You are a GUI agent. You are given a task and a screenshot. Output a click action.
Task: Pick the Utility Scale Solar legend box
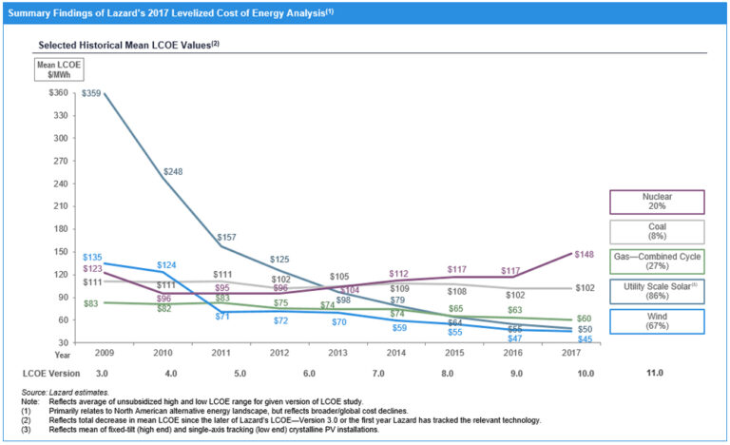coord(657,292)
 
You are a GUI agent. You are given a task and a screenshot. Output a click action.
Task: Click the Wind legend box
coord(657,322)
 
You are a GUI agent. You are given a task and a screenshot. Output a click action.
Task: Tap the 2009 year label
coord(104,352)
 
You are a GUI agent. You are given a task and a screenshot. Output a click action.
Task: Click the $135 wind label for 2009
coord(92,257)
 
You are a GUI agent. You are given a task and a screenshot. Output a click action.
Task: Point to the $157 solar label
coord(226,238)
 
